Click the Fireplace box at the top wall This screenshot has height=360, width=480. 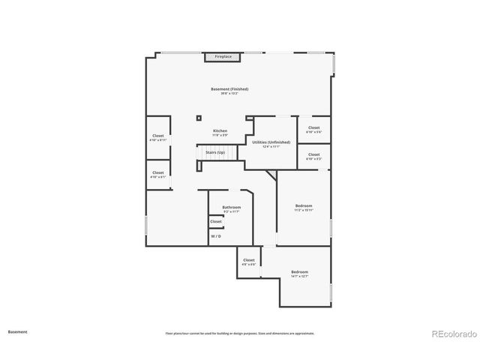(x=223, y=57)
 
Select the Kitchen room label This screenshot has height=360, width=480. (x=220, y=130)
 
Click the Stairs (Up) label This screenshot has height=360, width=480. (x=215, y=152)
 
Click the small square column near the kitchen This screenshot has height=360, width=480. (x=199, y=117)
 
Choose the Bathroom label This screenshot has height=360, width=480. (x=231, y=207)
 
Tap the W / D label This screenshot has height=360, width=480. (x=216, y=236)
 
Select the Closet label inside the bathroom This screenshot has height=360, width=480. (x=216, y=221)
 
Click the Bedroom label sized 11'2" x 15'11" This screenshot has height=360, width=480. (x=303, y=205)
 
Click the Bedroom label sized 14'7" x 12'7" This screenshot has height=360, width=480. (x=299, y=271)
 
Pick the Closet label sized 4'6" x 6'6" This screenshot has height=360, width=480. (x=249, y=260)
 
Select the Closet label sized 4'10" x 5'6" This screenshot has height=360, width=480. (x=313, y=127)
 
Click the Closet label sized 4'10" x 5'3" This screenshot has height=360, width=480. (x=313, y=154)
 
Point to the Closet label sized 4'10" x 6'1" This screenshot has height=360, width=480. (x=158, y=172)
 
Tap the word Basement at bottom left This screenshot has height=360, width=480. (x=18, y=331)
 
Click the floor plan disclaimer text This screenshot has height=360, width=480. (x=240, y=334)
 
